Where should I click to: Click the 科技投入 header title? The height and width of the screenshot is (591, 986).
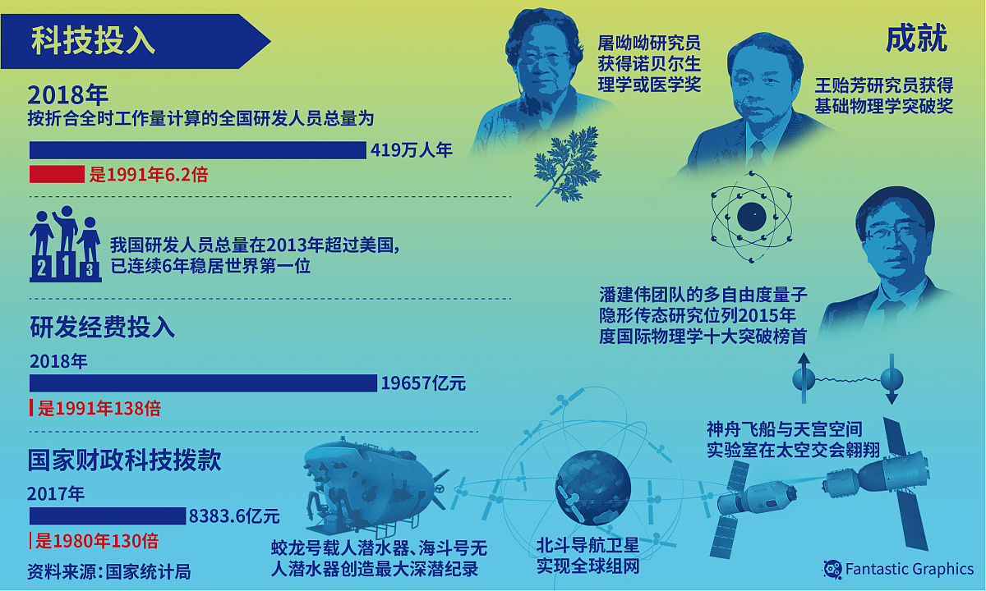coord(93,41)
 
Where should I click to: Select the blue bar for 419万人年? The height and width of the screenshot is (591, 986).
coord(197,150)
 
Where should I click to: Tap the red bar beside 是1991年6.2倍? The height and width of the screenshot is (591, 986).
coord(57,174)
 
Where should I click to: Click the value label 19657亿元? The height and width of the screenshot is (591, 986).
coord(423,383)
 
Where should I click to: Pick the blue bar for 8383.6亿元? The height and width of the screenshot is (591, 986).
coord(108,515)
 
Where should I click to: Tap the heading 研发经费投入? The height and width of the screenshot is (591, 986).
coord(103,328)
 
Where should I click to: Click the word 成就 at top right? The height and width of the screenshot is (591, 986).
coord(916,39)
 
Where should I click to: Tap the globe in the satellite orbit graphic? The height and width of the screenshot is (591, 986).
coord(592,480)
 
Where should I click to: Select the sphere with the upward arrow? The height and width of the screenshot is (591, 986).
coord(804,378)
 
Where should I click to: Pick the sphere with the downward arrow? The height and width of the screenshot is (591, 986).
coord(891,380)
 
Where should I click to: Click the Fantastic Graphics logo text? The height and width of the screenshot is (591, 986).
coord(909,569)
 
